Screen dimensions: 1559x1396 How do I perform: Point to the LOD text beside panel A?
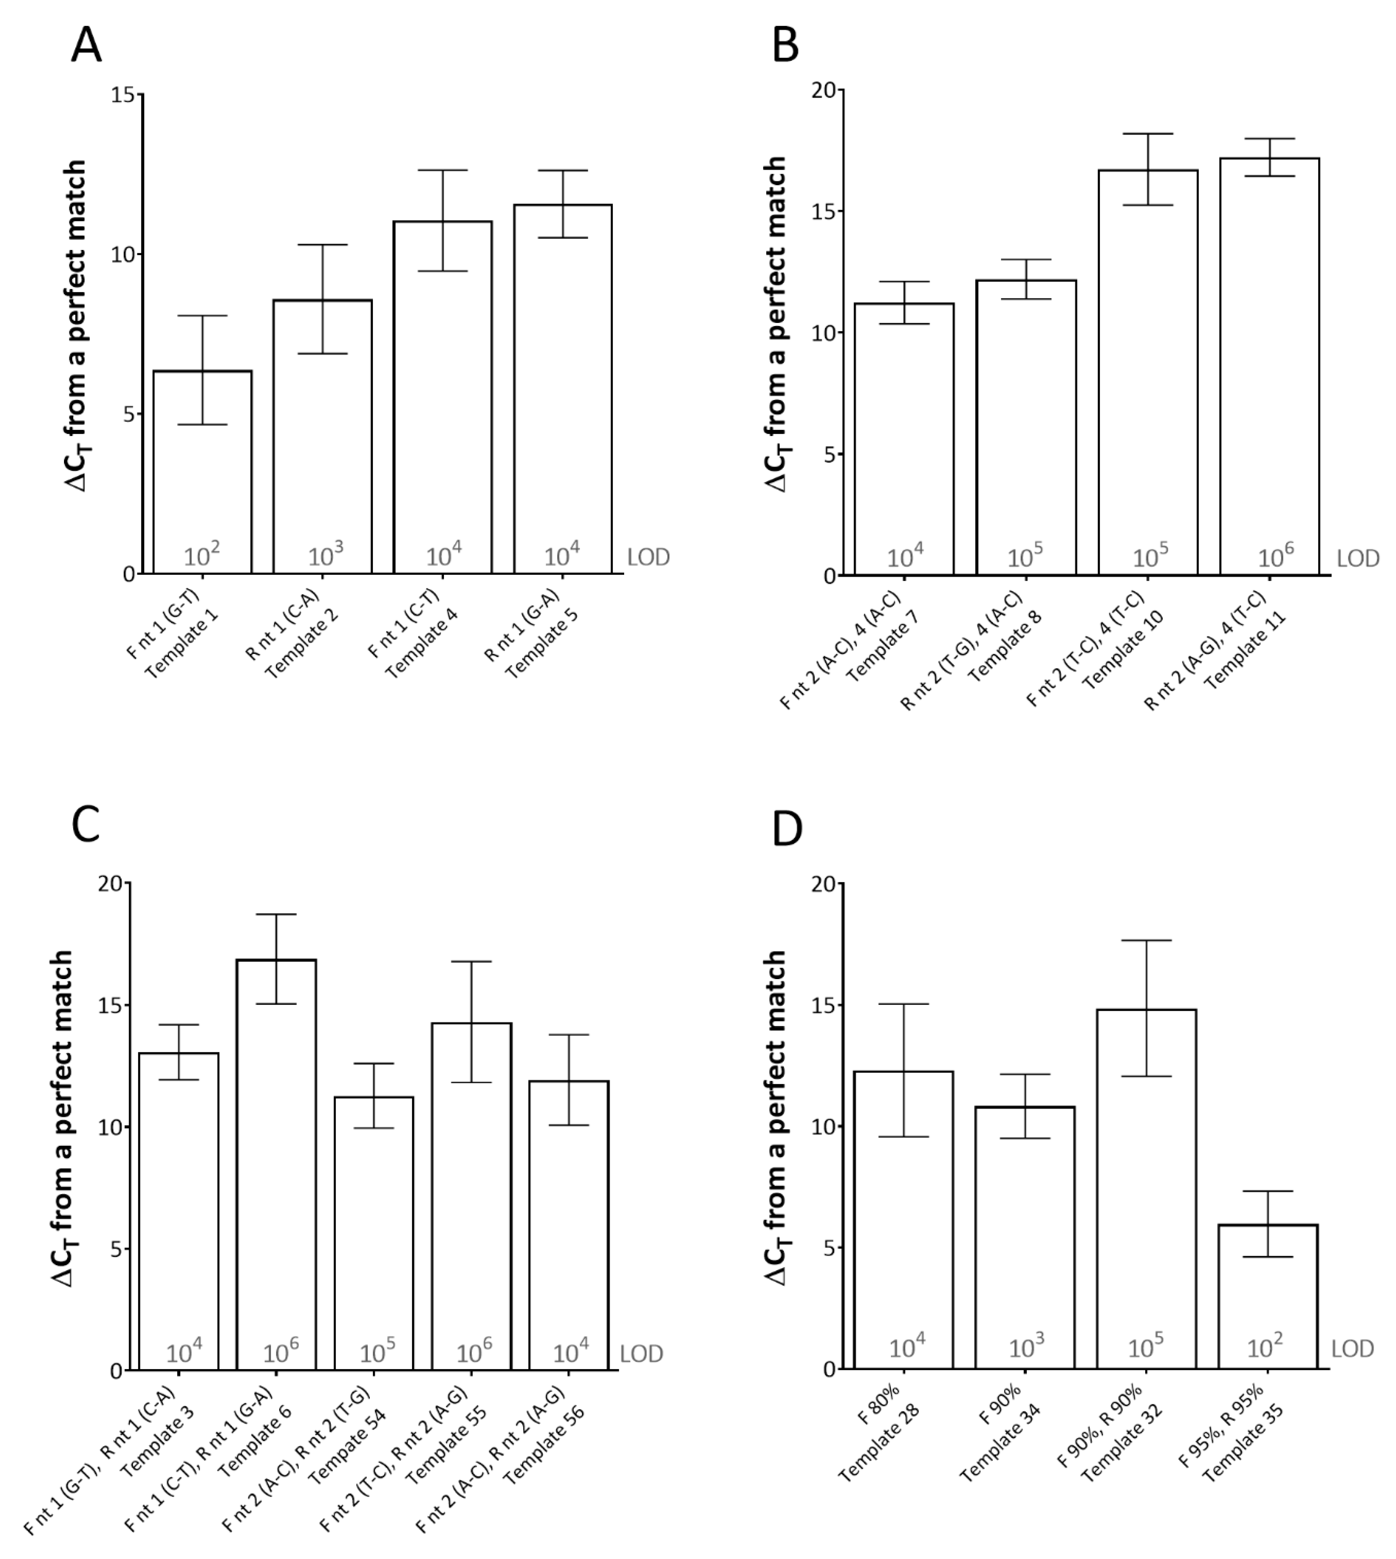pyautogui.click(x=648, y=557)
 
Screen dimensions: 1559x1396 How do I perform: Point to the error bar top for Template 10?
pyautogui.click(x=1148, y=134)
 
